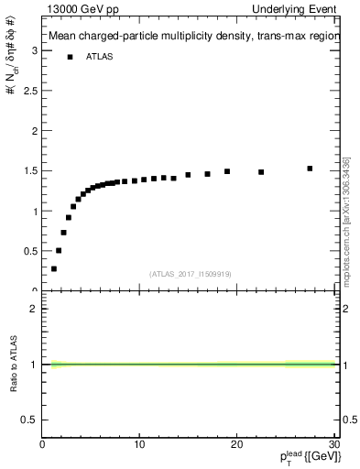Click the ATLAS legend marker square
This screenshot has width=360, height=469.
pos(71,57)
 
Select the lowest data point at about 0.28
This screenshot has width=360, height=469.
pos(54,268)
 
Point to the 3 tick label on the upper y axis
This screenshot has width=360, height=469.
pos(34,50)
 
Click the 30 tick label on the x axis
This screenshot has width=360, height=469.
pos(333,445)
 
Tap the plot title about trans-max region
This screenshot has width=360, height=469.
pos(193,38)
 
